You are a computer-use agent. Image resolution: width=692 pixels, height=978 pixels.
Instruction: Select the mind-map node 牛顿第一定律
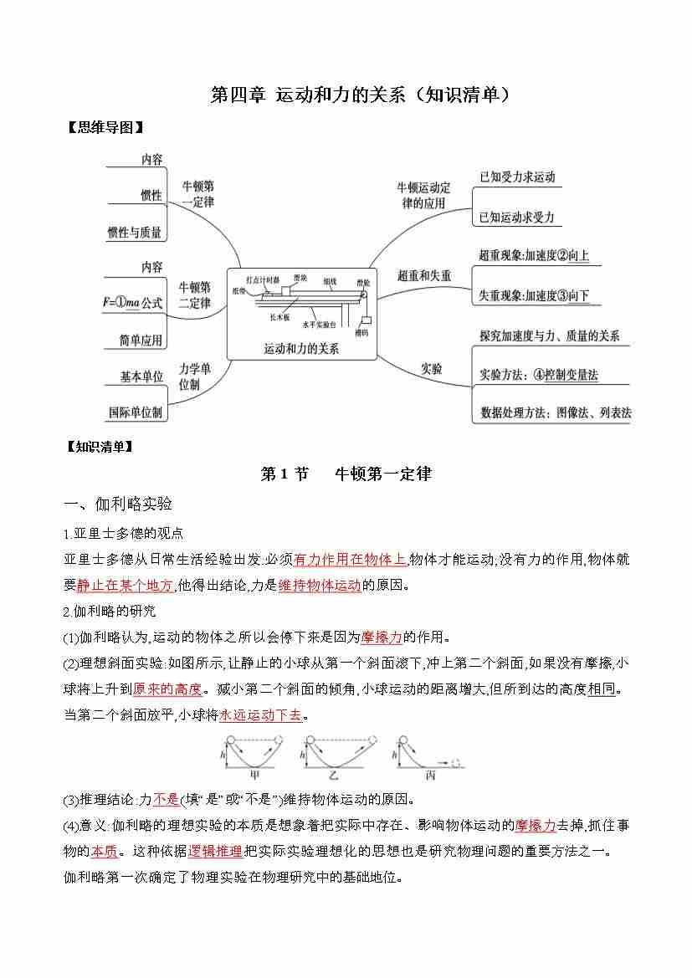[x=197, y=193]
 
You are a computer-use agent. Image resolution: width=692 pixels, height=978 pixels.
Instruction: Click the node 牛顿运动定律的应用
[x=423, y=195]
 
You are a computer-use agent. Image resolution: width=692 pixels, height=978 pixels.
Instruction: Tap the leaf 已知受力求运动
[x=516, y=177]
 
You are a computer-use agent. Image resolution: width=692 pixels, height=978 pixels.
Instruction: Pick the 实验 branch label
[x=431, y=368]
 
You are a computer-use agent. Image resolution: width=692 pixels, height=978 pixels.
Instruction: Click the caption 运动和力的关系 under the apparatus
[x=301, y=349]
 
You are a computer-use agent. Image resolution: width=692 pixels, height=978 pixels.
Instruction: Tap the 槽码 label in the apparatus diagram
[x=361, y=332]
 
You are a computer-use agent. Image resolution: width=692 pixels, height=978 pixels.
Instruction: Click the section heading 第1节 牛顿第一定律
[x=346, y=474]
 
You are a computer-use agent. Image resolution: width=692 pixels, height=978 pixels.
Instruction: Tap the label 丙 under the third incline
[x=430, y=776]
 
